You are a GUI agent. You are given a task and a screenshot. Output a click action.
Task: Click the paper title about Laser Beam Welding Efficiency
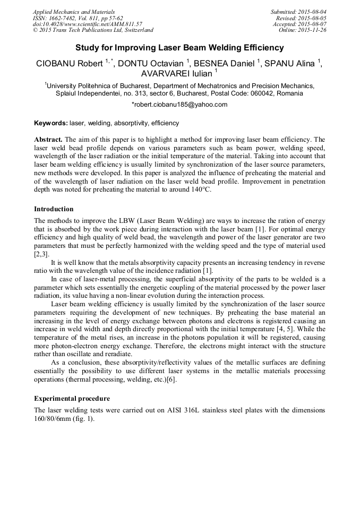[x=179, y=48]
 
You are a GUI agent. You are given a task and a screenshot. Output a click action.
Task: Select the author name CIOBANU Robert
[x=70, y=64]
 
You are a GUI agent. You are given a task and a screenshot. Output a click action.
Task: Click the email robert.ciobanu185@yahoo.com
[x=180, y=105]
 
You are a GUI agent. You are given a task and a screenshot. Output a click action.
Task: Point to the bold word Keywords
[x=50, y=123]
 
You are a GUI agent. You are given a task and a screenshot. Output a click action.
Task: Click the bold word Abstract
[x=48, y=139]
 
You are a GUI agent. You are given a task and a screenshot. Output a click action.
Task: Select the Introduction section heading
[x=54, y=209]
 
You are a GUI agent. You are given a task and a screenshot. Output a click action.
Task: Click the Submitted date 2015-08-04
[x=313, y=12]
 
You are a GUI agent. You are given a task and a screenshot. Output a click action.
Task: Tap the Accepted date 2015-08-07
[x=314, y=24]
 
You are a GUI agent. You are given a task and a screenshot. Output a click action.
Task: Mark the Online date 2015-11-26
[x=315, y=30]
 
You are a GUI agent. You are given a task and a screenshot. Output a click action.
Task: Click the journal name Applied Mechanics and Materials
[x=73, y=12]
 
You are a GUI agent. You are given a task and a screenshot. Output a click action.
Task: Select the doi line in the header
[x=87, y=24]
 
